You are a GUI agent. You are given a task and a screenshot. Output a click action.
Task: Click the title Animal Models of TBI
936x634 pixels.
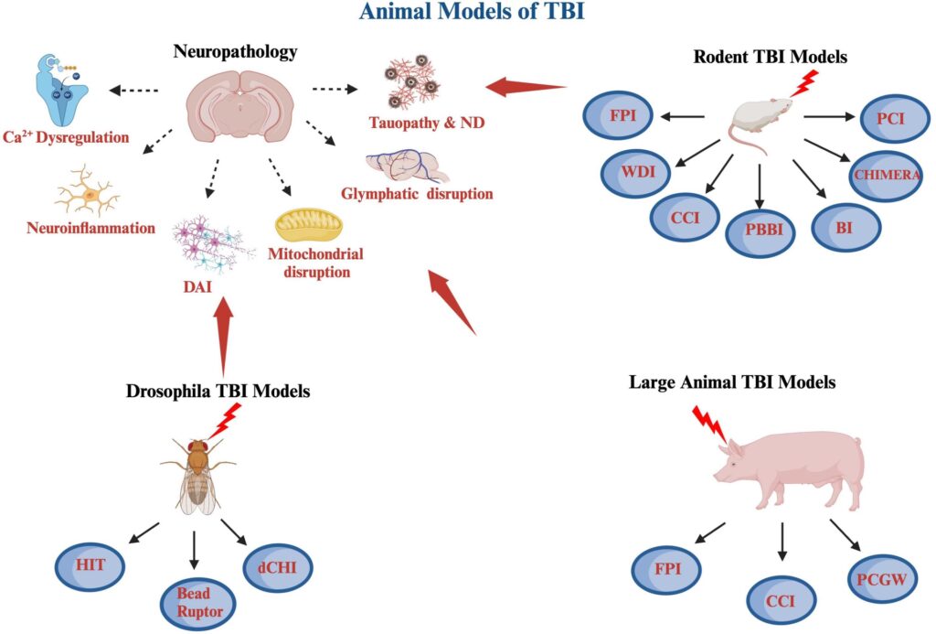(467, 13)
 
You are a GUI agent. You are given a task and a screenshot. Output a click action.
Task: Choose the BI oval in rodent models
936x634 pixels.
(845, 223)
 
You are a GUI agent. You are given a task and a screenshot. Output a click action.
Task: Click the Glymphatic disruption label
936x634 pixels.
(417, 193)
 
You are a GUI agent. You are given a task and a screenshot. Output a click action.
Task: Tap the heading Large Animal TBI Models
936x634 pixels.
(731, 381)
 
